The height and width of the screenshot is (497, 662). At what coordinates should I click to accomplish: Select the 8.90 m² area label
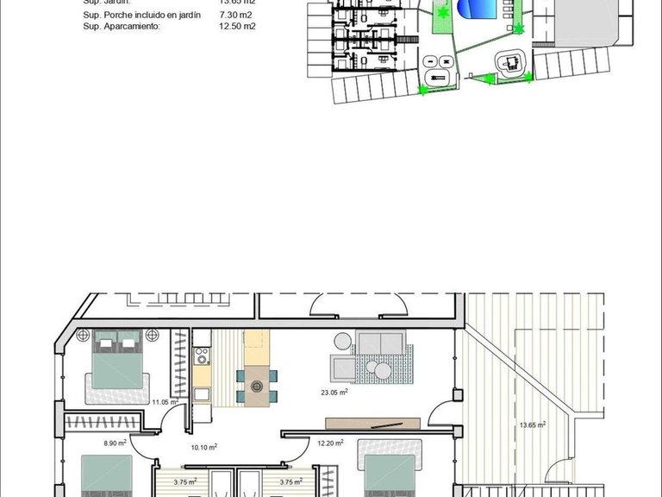[115, 443]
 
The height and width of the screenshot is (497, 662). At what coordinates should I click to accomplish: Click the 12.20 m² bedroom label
[330, 444]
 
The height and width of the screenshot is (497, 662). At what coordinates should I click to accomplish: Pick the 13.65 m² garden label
[534, 425]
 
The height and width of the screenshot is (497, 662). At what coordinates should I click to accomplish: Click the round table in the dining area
[256, 387]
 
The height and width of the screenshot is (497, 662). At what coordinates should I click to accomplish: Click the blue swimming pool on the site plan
[476, 10]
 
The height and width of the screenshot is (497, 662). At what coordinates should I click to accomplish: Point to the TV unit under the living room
[372, 423]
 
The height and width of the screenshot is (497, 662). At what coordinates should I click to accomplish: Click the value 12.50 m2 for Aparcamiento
[238, 27]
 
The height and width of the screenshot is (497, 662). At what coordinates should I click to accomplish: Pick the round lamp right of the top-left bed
[153, 334]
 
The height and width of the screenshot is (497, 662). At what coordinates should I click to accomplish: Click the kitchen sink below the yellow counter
[201, 395]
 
